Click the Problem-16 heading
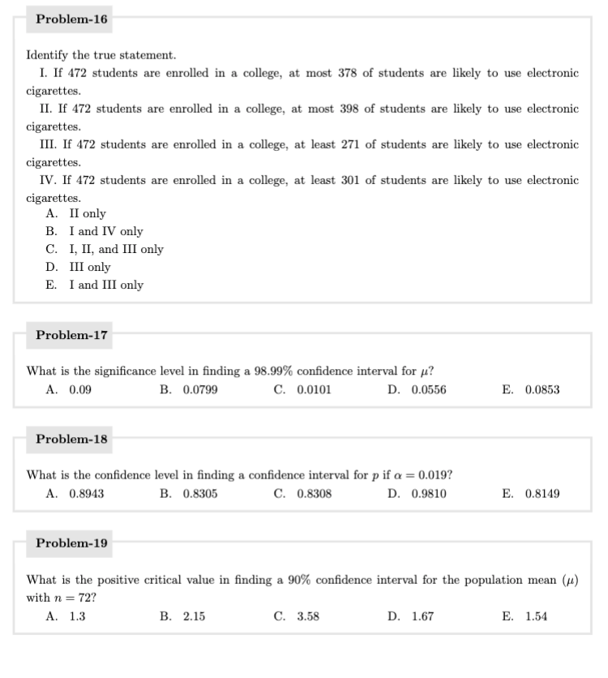(72, 19)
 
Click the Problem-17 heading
(72, 334)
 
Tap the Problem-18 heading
(72, 439)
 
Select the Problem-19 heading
(72, 543)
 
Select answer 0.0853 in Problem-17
(542, 389)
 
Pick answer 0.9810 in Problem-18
(428, 493)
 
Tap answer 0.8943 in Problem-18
(86, 493)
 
